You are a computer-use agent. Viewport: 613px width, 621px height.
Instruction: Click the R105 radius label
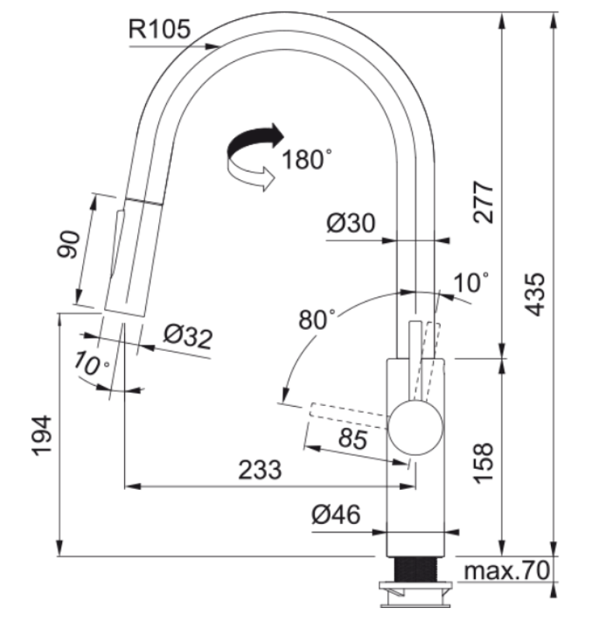click(158, 30)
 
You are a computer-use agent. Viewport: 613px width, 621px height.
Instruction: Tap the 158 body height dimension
click(483, 464)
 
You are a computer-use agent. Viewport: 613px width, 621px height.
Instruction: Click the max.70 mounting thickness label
click(507, 571)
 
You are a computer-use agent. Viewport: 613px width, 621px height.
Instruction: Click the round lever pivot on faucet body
click(416, 427)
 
